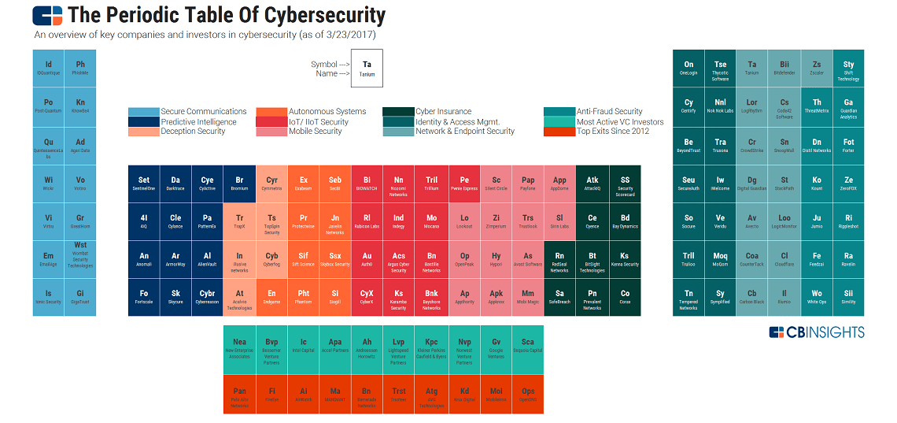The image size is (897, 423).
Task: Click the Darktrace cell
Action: [x=175, y=184]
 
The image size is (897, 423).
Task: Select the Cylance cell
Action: [x=175, y=221]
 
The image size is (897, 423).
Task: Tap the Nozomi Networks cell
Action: [x=399, y=184]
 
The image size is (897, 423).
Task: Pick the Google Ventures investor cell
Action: [x=496, y=347]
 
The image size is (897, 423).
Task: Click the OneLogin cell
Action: [x=688, y=69]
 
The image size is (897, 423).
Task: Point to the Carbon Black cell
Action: [x=752, y=297]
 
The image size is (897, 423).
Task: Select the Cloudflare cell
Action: [x=784, y=259]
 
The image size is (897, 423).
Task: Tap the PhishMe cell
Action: [x=80, y=69]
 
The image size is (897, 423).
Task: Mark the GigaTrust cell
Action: [x=80, y=297]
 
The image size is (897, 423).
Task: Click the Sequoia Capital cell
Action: [x=528, y=347]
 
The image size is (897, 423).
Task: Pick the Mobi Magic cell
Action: [x=528, y=297]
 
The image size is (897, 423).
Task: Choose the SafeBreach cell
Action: [x=559, y=297]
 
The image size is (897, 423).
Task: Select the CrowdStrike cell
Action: [x=752, y=145]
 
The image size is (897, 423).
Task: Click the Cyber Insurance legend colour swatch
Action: [x=398, y=112]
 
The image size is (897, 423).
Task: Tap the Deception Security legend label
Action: [x=193, y=132]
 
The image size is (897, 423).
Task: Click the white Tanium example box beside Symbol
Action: [x=367, y=69]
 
